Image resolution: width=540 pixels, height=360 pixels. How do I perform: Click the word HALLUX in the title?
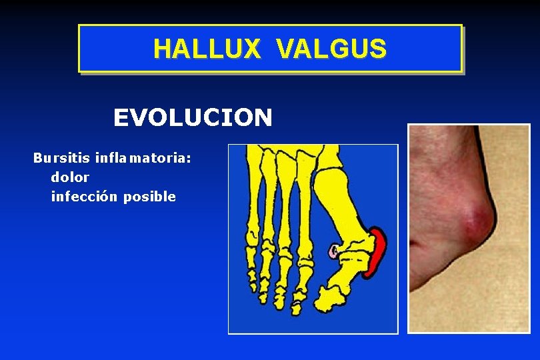[207, 49]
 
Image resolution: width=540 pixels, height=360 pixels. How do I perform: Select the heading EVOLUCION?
[193, 118]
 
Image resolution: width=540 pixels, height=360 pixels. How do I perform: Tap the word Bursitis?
[62, 159]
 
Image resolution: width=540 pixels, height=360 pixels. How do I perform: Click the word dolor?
[70, 178]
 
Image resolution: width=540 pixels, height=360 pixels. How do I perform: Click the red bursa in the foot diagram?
[378, 253]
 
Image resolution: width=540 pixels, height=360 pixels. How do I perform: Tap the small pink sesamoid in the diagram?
[333, 251]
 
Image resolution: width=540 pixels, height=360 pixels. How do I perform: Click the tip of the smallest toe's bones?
[253, 280]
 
